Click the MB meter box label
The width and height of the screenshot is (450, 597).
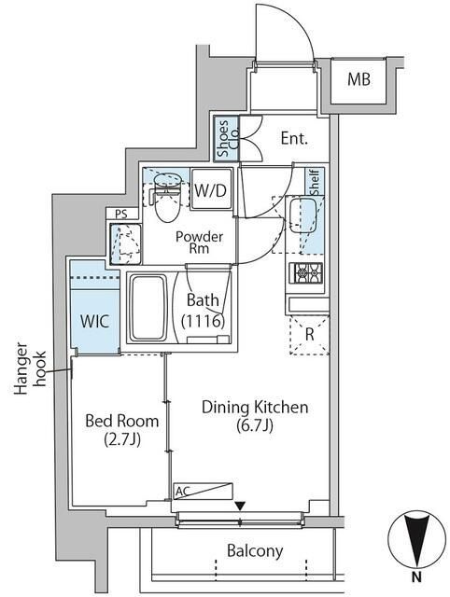click(x=359, y=79)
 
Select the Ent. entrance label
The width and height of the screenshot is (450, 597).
click(x=294, y=138)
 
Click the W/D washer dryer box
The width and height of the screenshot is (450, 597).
click(x=211, y=189)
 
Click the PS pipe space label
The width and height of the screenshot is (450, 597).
click(x=121, y=214)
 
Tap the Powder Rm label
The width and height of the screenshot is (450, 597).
click(x=199, y=243)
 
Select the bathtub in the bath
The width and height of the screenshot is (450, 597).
click(x=148, y=309)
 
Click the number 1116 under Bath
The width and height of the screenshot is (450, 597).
click(x=203, y=322)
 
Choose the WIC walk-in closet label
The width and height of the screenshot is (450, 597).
click(x=95, y=322)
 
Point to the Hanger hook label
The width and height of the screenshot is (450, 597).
click(x=30, y=369)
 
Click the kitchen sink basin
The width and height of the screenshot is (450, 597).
click(x=302, y=215)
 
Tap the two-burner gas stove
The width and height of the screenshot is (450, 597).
click(x=305, y=272)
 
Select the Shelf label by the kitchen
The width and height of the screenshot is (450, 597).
click(x=315, y=183)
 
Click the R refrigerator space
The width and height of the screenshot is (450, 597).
click(x=309, y=335)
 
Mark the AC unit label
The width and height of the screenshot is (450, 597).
click(x=182, y=492)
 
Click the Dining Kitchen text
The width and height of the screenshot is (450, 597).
click(x=255, y=407)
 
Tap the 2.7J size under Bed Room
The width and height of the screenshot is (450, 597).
click(x=122, y=439)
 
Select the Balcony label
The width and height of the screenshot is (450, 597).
click(x=255, y=550)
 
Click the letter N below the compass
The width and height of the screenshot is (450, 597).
click(x=416, y=577)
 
